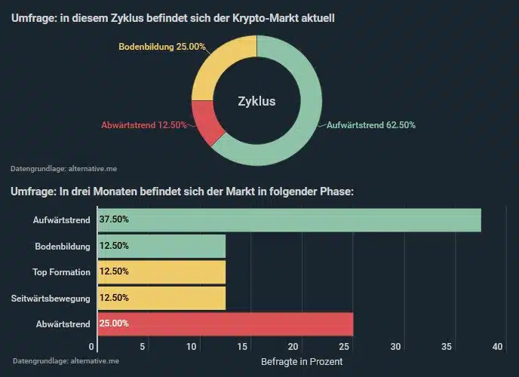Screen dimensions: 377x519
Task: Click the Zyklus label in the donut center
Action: tap(256, 101)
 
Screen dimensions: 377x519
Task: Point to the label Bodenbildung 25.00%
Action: tap(162, 47)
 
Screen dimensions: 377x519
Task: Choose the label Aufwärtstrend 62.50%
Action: tap(370, 125)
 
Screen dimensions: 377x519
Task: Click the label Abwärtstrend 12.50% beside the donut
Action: tap(143, 125)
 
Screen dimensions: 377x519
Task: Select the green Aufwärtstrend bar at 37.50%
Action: tap(302, 220)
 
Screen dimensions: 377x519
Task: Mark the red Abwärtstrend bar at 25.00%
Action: tap(241, 323)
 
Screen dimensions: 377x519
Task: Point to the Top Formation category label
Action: tap(61, 272)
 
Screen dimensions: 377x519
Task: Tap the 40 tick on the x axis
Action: tap(497, 347)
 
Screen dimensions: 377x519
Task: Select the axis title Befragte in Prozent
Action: tap(302, 362)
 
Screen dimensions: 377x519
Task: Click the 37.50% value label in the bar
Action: tap(114, 220)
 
